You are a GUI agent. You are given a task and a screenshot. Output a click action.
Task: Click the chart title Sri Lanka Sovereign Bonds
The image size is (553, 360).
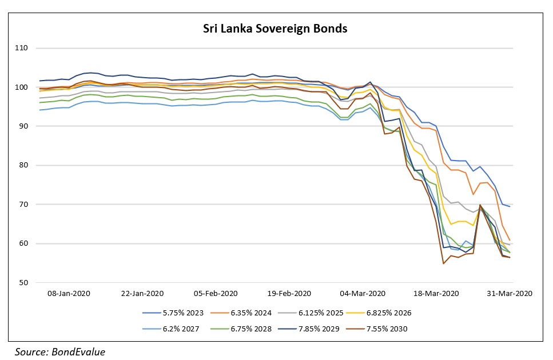275,28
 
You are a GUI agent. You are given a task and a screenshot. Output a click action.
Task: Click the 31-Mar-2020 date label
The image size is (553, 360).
509,293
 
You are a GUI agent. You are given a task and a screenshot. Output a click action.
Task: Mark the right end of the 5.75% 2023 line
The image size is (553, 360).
510,206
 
